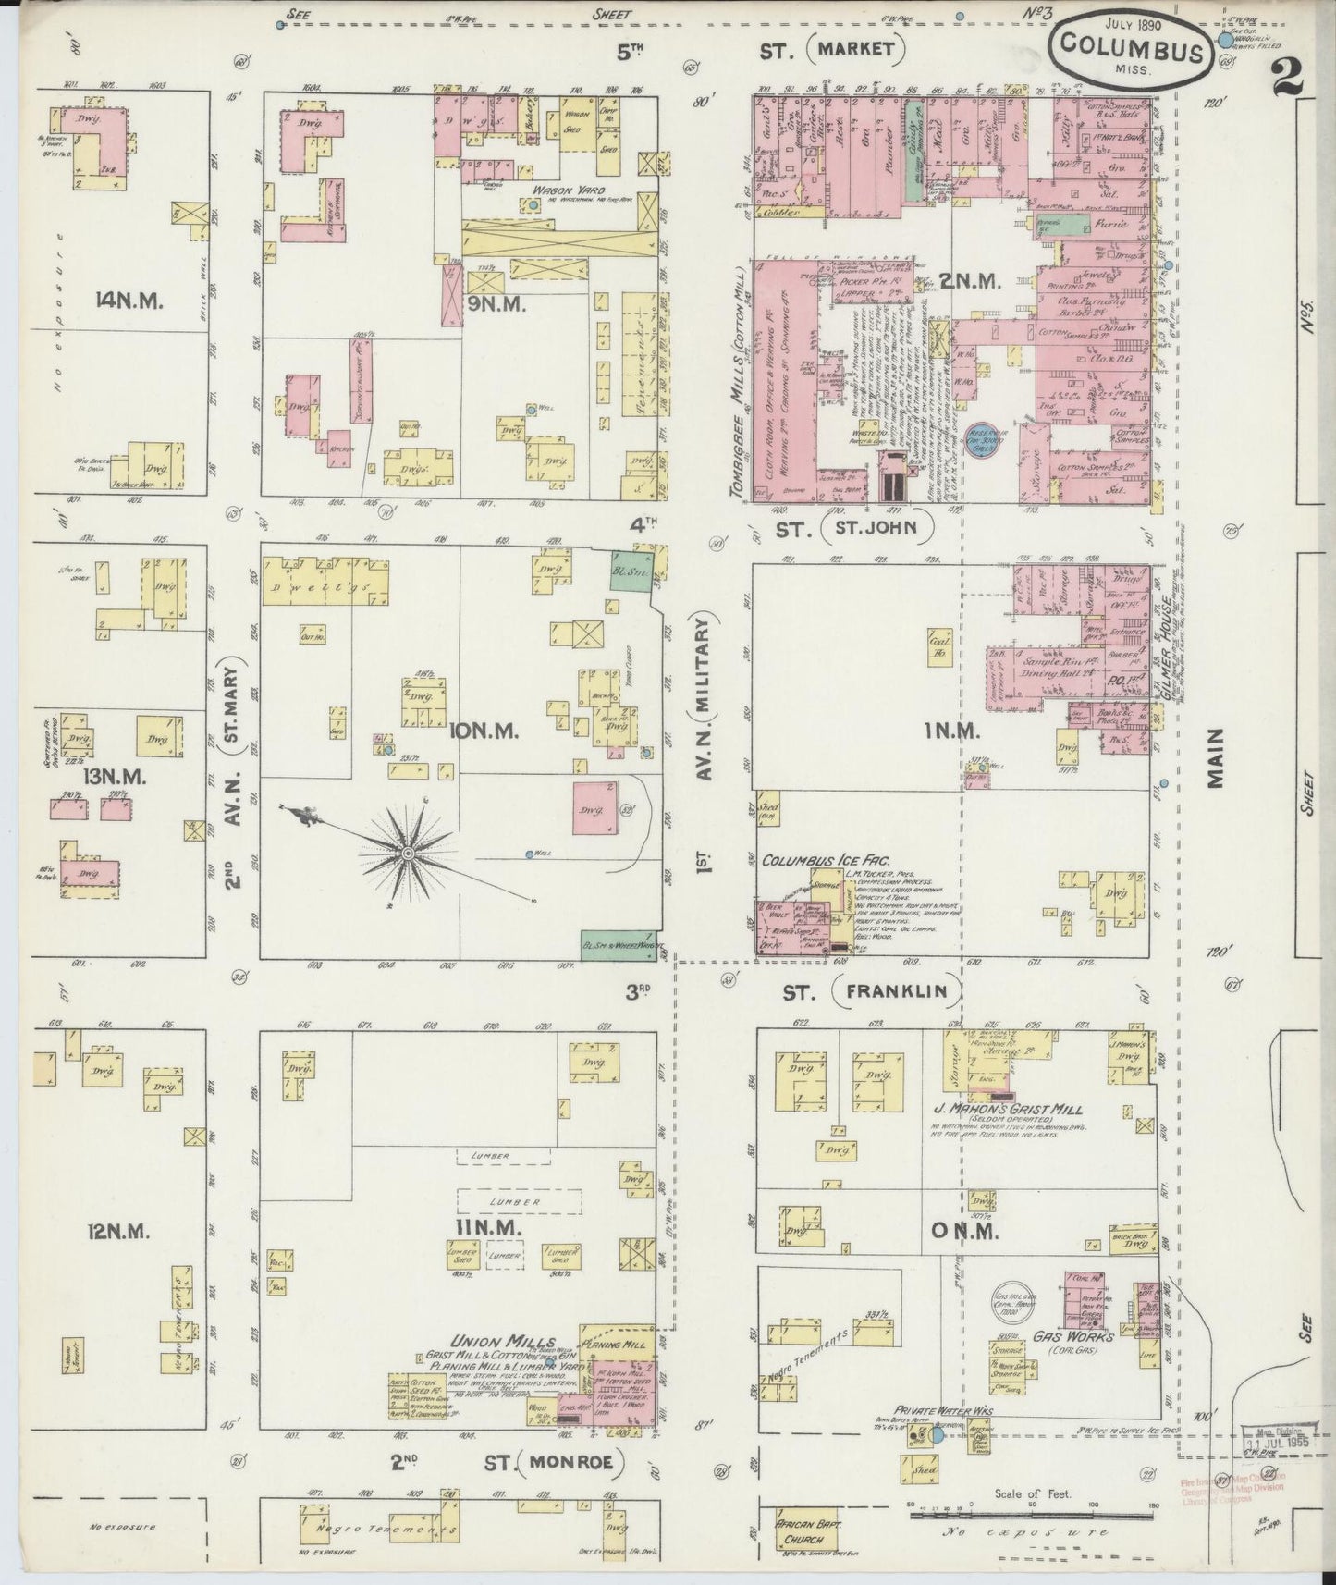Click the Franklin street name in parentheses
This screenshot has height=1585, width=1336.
pos(896,991)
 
